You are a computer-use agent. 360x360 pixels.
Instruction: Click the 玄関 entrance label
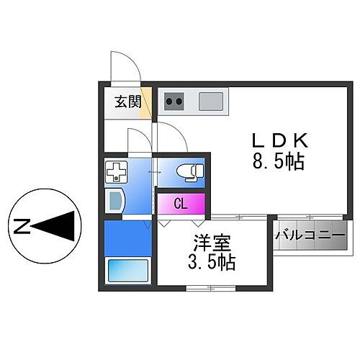[x=128, y=102]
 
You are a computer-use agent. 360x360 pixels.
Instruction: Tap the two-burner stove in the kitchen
[x=174, y=102]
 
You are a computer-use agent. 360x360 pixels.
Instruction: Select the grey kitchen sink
[x=211, y=102]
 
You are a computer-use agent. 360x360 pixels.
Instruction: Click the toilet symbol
[x=190, y=172]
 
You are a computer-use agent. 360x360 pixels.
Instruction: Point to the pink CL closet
[x=181, y=204]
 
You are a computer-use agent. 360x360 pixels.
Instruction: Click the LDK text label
[x=279, y=140]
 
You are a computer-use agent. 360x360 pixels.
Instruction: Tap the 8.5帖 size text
[x=279, y=161]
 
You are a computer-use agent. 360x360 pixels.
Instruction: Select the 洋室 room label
[x=212, y=243]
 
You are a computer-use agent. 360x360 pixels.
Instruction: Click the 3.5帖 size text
[x=212, y=262]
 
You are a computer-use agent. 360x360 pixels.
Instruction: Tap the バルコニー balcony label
[x=310, y=235]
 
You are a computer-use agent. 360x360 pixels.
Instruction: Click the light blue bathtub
[x=128, y=271]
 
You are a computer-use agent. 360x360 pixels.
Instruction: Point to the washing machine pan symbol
[x=117, y=172]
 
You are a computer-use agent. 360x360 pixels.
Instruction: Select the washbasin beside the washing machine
[x=114, y=201]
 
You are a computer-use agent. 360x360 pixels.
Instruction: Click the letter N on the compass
[x=22, y=226]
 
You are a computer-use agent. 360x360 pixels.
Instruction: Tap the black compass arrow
[x=53, y=226]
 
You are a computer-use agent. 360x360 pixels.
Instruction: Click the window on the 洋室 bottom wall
[x=211, y=288]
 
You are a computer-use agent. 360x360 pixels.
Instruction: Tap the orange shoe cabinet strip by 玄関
[x=146, y=103]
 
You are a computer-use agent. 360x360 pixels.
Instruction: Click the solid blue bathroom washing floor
[x=128, y=238]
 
